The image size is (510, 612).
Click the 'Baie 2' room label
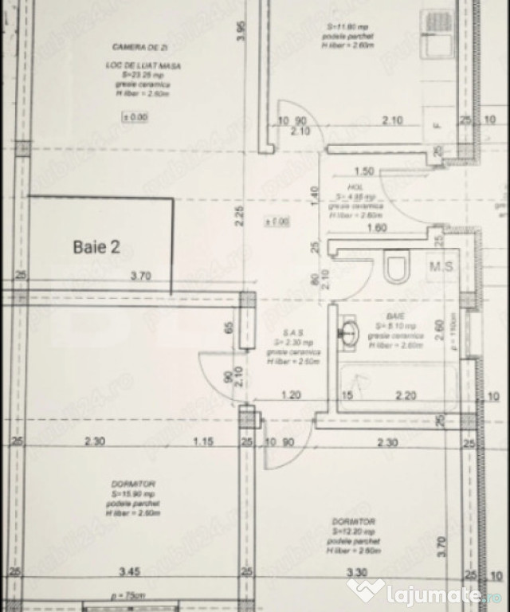[x=96, y=247]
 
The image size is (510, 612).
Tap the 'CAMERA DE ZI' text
[x=129, y=48]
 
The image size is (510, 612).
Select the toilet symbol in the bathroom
[x=395, y=268]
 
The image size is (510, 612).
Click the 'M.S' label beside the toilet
[x=441, y=266]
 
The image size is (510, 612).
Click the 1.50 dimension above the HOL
[x=364, y=171]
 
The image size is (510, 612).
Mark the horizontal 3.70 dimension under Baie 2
[x=141, y=277]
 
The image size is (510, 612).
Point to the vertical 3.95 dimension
[x=241, y=31]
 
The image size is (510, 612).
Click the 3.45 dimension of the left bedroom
[x=130, y=572]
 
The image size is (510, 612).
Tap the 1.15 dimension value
[x=204, y=442]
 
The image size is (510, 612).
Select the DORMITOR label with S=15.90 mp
[x=133, y=484]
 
